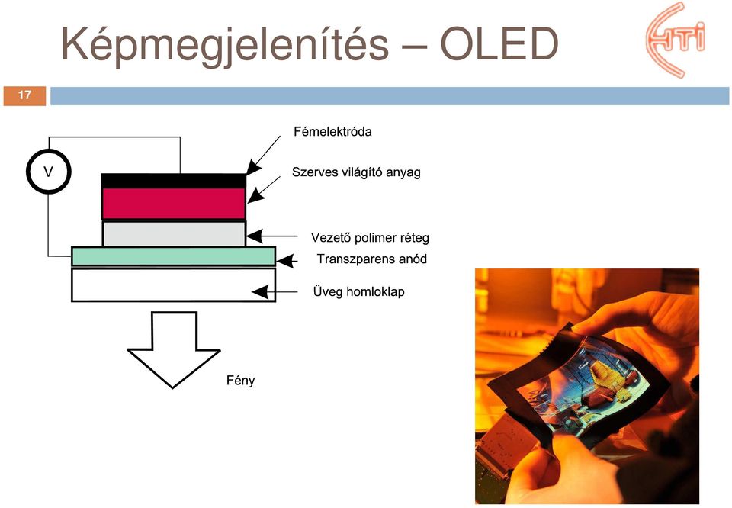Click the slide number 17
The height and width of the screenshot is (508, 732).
pyautogui.click(x=24, y=95)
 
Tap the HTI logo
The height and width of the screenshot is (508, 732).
pyautogui.click(x=676, y=39)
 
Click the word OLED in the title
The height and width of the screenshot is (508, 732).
pyautogui.click(x=499, y=44)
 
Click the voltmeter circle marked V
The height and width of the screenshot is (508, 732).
pyautogui.click(x=49, y=172)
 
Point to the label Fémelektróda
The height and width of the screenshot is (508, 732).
pyautogui.click(x=333, y=132)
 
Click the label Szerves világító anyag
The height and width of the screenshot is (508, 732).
pyautogui.click(x=356, y=172)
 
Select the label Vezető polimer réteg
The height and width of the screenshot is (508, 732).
pyautogui.click(x=371, y=238)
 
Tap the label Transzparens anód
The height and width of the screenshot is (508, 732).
pyautogui.click(x=372, y=259)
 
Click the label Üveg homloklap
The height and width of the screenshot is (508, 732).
pyautogui.click(x=359, y=292)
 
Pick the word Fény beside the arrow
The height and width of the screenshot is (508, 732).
pyautogui.click(x=241, y=381)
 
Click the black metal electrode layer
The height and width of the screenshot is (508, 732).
pyautogui.click(x=174, y=181)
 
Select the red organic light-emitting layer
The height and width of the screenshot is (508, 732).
pyautogui.click(x=174, y=203)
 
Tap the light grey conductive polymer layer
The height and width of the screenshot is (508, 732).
pyautogui.click(x=174, y=233)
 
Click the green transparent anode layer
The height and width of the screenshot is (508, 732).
pyautogui.click(x=173, y=256)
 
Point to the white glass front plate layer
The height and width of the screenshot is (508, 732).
pyautogui.click(x=173, y=285)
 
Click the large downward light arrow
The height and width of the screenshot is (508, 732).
pyautogui.click(x=174, y=349)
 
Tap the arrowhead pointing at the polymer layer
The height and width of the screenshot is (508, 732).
pyautogui.click(x=254, y=236)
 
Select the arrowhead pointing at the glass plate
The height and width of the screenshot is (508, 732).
pyautogui.click(x=260, y=292)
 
